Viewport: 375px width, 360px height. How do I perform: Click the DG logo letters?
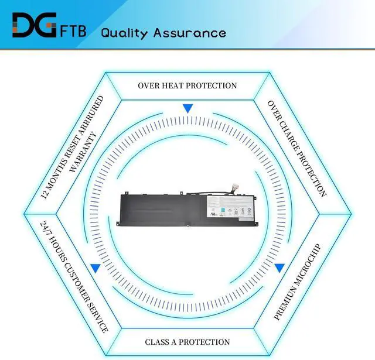tap(34, 26)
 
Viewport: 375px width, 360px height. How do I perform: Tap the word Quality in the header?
tap(124, 32)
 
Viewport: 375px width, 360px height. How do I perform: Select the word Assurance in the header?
tap(189, 32)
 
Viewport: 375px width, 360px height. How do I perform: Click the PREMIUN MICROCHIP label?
tap(298, 281)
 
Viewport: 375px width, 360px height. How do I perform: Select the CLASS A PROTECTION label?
tap(187, 342)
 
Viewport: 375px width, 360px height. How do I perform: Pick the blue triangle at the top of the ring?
tap(187, 108)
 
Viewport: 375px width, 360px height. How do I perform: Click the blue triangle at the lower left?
tap(94, 269)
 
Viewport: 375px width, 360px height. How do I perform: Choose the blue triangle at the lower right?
tap(279, 268)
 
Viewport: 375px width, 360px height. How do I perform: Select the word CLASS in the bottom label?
tap(158, 342)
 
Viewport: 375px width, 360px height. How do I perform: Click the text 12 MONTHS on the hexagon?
tap(56, 179)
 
